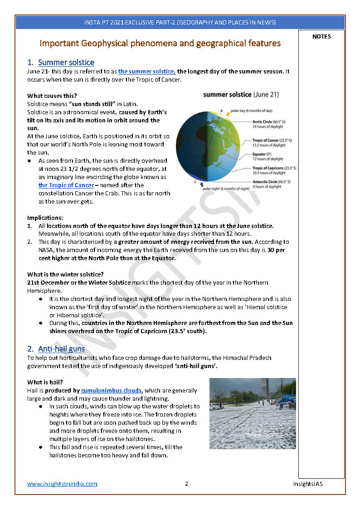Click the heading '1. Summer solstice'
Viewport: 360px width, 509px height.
[x=61, y=63]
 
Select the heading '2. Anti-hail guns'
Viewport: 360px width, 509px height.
[x=56, y=349]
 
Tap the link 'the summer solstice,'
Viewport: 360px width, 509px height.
[x=146, y=71]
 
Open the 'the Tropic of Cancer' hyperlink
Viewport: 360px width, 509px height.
[x=66, y=185]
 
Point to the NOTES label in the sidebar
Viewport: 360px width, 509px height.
[x=321, y=37]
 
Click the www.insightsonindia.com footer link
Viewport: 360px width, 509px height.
[x=62, y=484]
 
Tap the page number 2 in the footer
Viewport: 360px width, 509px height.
[x=186, y=484]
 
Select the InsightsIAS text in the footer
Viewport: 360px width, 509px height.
[x=308, y=484]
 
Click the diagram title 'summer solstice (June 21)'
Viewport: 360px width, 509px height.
[x=241, y=95]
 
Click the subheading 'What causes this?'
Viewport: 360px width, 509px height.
[x=52, y=96]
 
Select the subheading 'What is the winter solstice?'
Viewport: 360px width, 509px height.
[x=65, y=274]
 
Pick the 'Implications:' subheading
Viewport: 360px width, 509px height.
[x=45, y=218]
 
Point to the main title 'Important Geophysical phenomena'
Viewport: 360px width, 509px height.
[x=160, y=44]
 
